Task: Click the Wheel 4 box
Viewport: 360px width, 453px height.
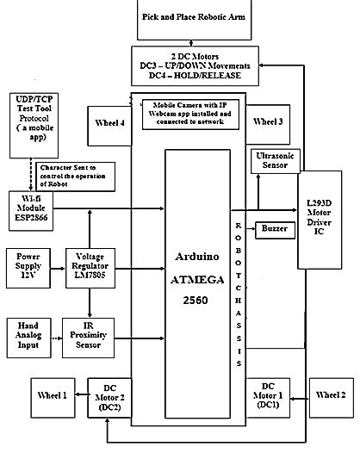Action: coord(111,122)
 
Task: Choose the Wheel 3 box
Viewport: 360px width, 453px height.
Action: coord(268,122)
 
